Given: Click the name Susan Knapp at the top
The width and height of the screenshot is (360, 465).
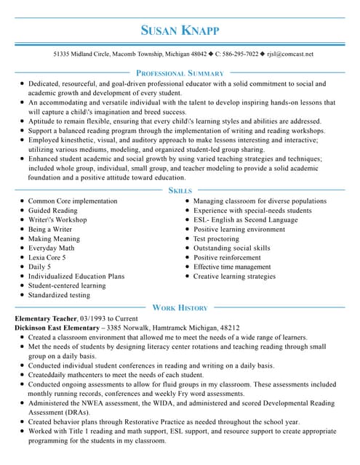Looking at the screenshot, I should click(180, 31).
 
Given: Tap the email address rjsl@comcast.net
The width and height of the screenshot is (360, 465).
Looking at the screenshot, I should click(290, 54).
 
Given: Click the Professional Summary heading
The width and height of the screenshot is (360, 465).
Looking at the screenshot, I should click(180, 73).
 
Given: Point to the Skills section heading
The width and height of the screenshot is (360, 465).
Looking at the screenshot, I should click(180, 190).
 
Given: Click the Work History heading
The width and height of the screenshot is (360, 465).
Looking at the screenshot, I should click(180, 308).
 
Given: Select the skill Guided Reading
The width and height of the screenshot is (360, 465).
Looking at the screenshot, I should click(52, 211).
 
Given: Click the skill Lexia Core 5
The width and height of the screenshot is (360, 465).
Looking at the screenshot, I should click(47, 258).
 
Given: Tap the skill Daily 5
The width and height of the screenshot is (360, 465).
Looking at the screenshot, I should click(39, 267).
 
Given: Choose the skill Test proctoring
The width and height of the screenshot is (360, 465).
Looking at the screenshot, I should click(216, 239).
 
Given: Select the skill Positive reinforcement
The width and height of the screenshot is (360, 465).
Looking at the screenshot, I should click(227, 258).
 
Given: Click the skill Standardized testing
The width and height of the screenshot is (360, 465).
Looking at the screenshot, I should click(59, 296).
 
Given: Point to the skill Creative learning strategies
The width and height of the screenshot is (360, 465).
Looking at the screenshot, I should click(234, 277).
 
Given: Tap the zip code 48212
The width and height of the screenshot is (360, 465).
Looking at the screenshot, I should click(229, 328).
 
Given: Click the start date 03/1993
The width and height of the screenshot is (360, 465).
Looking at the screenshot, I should click(99, 319).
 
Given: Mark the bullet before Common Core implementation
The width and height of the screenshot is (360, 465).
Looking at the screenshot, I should click(22, 201).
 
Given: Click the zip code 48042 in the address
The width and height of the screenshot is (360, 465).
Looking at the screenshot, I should click(198, 54).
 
